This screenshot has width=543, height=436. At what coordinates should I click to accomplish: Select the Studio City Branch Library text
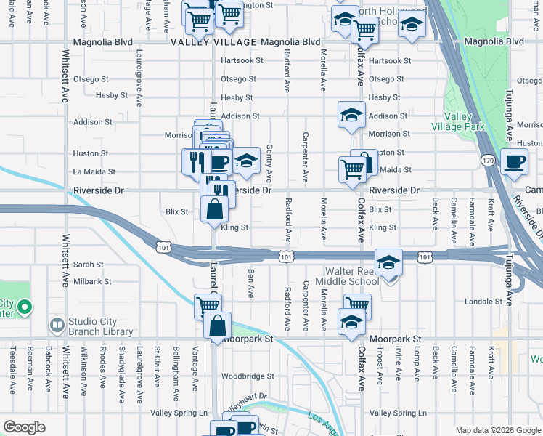101,327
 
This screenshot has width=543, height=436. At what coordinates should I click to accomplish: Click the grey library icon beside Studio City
56,323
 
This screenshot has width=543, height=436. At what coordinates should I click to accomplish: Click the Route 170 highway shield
487,159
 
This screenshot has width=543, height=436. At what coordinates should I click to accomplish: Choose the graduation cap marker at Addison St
351,115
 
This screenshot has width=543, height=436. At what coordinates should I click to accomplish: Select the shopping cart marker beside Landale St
356,306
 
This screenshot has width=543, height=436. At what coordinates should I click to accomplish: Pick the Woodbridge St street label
248,376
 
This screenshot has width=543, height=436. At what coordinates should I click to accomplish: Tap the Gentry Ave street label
269,163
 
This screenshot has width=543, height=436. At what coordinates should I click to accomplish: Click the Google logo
25,427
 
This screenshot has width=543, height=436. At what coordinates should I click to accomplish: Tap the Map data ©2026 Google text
497,430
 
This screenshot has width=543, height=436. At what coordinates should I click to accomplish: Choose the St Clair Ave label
157,369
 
